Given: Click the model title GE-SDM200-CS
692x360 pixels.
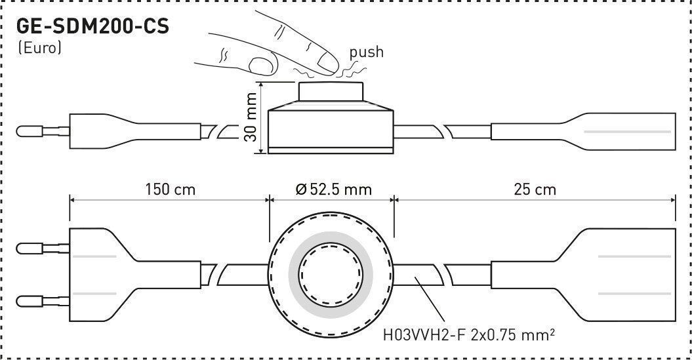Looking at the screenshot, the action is [x=92, y=27].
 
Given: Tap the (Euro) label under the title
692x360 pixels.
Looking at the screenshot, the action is [x=39, y=48].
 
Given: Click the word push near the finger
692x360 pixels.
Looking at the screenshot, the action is [x=366, y=52].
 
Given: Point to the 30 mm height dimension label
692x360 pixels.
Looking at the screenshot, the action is [x=251, y=117].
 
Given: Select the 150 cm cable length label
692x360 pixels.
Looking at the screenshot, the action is [x=171, y=190].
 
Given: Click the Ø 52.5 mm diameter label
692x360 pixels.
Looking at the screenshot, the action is [x=334, y=190].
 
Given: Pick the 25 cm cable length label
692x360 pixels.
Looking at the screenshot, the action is [x=535, y=190].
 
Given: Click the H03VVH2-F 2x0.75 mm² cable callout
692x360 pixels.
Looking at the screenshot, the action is [x=469, y=335].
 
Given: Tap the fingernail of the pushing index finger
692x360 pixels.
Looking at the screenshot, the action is [x=328, y=63].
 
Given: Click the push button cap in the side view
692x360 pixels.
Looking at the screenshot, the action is [x=331, y=91].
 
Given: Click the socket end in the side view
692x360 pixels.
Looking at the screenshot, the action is [x=583, y=131].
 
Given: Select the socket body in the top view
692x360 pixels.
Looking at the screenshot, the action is [x=583, y=275].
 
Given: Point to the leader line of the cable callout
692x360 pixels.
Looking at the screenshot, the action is [x=429, y=300].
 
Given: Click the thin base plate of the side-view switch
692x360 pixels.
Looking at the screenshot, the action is [x=331, y=150].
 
